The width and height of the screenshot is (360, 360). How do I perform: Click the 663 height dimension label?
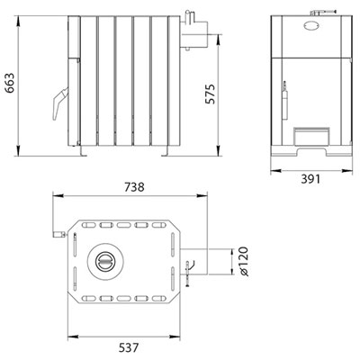point(11,83)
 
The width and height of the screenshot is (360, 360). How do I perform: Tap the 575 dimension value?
point(211,94)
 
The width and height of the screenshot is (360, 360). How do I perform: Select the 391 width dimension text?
point(310,179)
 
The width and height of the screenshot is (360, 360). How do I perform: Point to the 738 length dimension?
point(134,187)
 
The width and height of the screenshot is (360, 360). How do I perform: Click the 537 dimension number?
point(129,348)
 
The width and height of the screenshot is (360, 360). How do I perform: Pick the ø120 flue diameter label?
point(245,261)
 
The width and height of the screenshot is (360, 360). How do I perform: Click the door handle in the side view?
point(59,103)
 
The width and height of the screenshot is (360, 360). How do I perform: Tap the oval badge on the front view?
point(312,25)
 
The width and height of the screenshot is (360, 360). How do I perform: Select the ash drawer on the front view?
point(311,137)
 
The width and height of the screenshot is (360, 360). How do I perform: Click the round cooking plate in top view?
point(105,261)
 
